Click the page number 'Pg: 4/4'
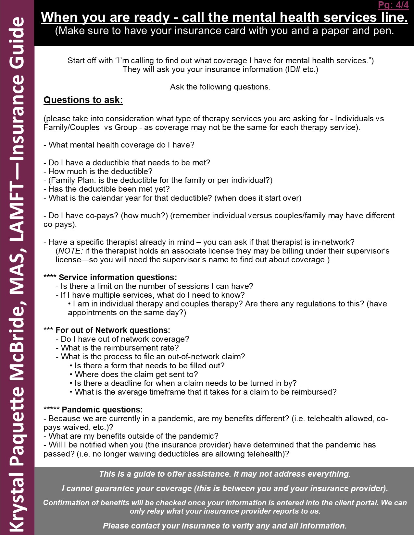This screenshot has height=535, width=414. pyautogui.click(x=393, y=5)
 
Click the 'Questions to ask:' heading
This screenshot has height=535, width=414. pyautogui.click(x=83, y=100)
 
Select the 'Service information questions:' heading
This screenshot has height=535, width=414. pyautogui.click(x=118, y=278)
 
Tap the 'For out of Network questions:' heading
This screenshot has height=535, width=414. pyautogui.click(x=113, y=330)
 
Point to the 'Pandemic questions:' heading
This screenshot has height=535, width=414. pyautogui.click(x=102, y=410)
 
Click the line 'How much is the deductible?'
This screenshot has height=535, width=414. pyautogui.click(x=100, y=172)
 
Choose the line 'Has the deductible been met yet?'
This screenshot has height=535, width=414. pyautogui.click(x=109, y=189)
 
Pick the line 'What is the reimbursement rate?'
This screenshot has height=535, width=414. pyautogui.click(x=119, y=348)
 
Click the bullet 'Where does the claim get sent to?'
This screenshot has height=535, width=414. pyautogui.click(x=136, y=374)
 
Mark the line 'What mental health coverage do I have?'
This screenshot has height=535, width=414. pyautogui.click(x=121, y=145)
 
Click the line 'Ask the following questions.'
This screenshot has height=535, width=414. pyautogui.click(x=220, y=87)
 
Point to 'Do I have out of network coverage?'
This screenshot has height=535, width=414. pyautogui.click(x=125, y=339)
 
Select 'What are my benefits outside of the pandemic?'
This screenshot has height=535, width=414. pyautogui.click(x=133, y=436)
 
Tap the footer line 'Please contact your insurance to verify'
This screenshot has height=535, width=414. pyautogui.click(x=225, y=526)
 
